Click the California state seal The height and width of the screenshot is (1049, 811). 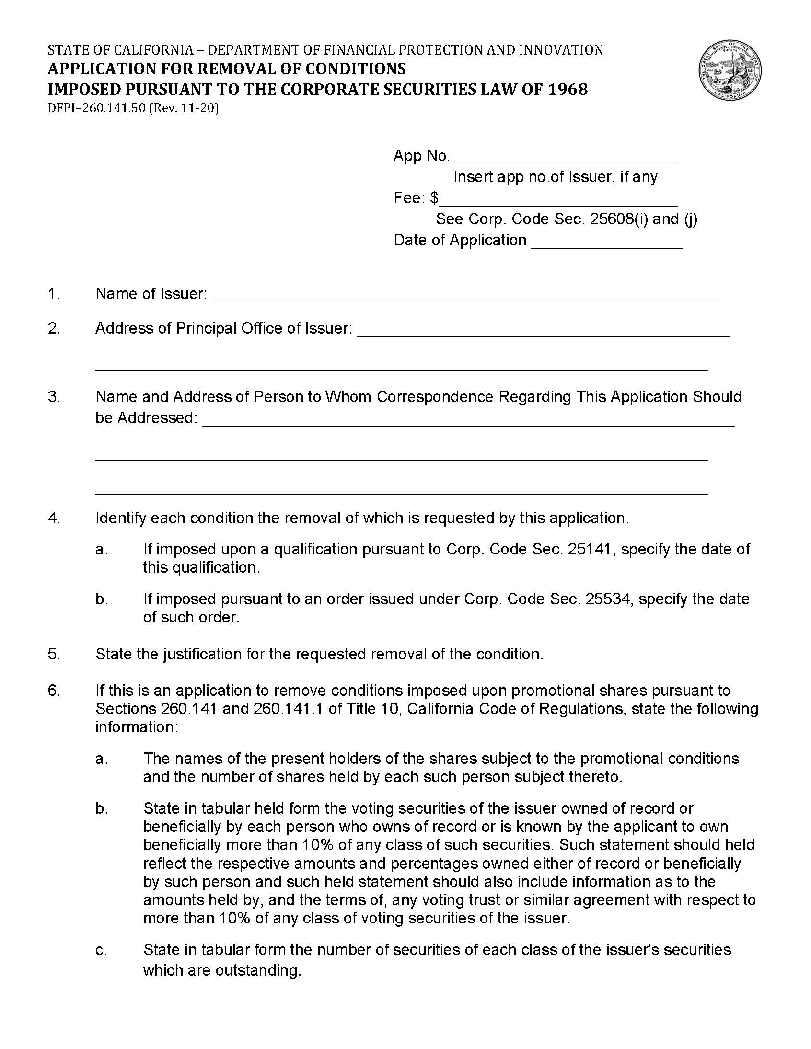click(730, 70)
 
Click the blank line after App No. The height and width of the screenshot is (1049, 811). click(566, 159)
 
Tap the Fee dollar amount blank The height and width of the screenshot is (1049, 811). click(559, 200)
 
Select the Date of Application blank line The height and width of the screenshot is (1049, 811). click(606, 242)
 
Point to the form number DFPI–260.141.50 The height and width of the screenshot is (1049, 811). click(96, 109)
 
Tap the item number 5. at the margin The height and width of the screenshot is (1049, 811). click(54, 654)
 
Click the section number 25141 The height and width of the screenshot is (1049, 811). click(591, 549)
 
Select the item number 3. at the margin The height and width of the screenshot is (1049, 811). click(54, 397)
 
